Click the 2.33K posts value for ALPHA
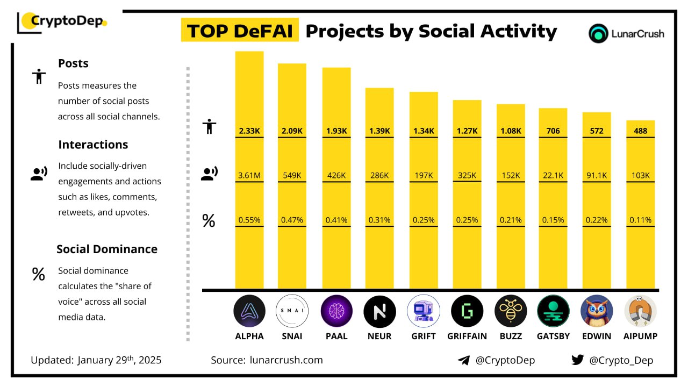(249, 131)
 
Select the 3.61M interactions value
(249, 175)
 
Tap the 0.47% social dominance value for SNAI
(292, 220)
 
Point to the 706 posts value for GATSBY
(553, 131)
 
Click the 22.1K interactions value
(553, 175)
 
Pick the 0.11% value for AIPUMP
(640, 220)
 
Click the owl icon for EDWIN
(597, 311)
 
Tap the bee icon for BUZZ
(510, 311)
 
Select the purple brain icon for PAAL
(336, 311)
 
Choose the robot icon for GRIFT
(424, 311)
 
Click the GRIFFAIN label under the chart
(467, 336)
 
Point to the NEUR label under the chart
(379, 336)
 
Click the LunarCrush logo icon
(598, 33)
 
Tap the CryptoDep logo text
(67, 21)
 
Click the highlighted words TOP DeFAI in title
(240, 31)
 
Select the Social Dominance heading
(107, 249)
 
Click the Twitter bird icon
(577, 360)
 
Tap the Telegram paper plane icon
(464, 360)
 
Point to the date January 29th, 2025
(119, 360)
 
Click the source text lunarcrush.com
(286, 360)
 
